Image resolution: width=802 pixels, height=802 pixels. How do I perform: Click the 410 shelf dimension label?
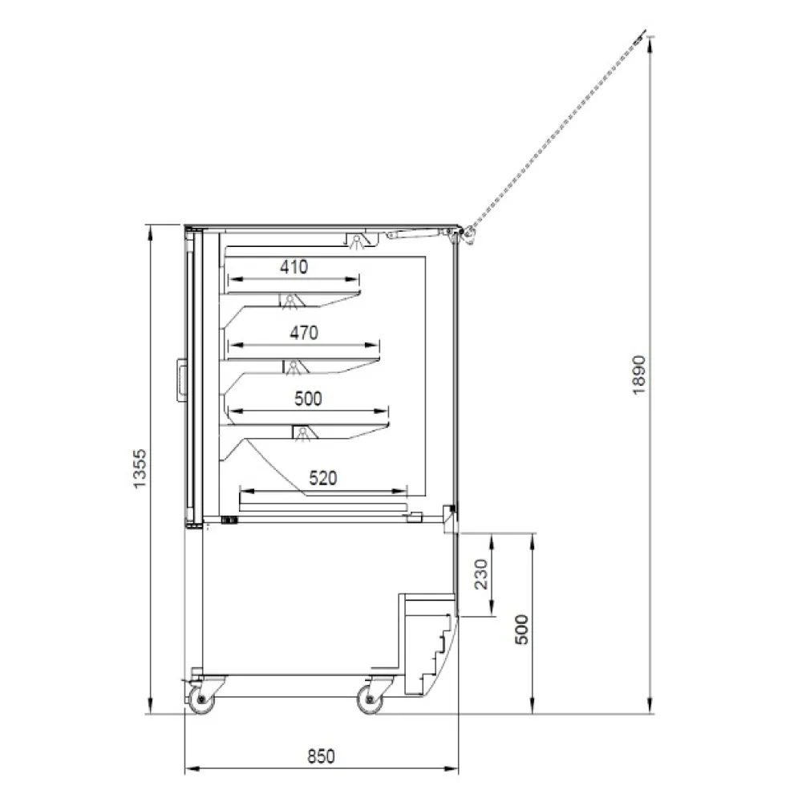point(294,266)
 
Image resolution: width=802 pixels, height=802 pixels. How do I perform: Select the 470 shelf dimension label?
point(304,333)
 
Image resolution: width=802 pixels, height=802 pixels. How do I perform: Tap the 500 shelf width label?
point(308,399)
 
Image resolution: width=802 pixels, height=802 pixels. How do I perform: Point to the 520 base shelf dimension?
point(323,478)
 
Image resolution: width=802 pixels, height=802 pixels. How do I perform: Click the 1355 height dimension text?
point(140,469)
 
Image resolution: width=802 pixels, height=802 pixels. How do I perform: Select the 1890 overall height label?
point(639,375)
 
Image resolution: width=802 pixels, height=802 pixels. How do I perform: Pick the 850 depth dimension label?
point(322,756)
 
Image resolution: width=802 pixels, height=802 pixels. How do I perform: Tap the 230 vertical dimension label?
point(481,574)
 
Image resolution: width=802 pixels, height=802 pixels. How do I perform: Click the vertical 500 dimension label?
point(521,629)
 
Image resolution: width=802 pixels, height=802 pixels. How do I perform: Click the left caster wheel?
point(201,699)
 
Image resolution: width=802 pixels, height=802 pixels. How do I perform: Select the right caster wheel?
point(370,699)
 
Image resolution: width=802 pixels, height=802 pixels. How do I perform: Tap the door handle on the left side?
point(181,379)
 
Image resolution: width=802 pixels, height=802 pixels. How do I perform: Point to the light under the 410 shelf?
point(290,301)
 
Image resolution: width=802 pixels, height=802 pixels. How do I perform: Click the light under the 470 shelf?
point(294,367)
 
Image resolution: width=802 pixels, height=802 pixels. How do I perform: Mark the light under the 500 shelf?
point(304,433)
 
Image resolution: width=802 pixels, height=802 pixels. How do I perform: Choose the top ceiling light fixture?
point(358,241)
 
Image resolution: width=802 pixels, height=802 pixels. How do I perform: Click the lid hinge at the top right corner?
point(463,233)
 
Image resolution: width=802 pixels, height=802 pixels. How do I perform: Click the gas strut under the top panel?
point(415,233)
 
